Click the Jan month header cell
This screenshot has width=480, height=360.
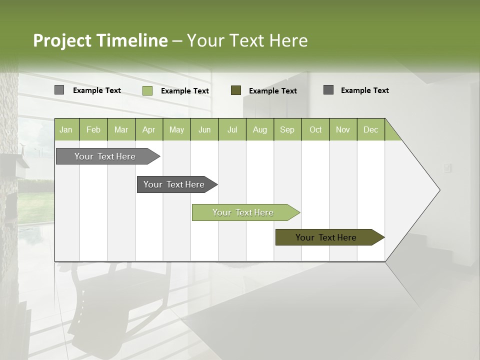pos(66,129)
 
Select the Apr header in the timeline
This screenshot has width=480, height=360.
pos(148,129)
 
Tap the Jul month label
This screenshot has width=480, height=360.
pos(232,129)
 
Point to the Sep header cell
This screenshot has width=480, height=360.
pos(287,129)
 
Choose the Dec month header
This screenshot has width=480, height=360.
pos(370,129)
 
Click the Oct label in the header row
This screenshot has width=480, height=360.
pos(315,129)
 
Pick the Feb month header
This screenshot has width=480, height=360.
pos(93,129)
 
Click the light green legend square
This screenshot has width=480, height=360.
pos(147,90)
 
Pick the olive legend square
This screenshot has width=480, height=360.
pos(236,90)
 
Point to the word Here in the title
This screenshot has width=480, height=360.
pos(288,40)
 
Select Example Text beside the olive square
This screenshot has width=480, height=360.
pos(272,91)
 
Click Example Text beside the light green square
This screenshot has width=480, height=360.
pos(184,91)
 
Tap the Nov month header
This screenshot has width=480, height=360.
pos(342,129)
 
